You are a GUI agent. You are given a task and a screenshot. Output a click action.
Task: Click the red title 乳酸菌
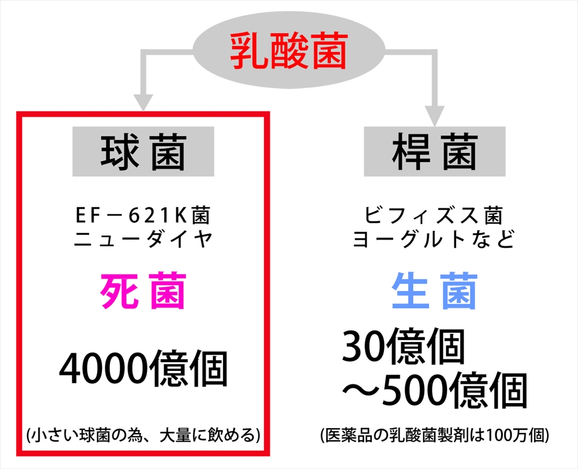point(289,51)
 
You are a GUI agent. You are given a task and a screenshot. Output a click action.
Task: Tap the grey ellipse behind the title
point(288,50)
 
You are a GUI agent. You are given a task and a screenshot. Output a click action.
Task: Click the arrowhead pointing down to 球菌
point(143,102)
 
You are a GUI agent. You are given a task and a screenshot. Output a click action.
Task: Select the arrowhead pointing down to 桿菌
point(435,117)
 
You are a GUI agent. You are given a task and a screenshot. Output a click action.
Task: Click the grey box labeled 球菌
point(143,151)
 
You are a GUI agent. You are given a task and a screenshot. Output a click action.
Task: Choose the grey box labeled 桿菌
point(435,151)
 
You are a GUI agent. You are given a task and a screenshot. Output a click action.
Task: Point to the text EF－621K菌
point(143,215)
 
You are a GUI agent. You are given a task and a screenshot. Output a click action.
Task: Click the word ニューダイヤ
point(143,239)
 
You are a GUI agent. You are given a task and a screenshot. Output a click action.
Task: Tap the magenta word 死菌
point(143,291)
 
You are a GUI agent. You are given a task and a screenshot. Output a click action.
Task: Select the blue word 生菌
point(435,291)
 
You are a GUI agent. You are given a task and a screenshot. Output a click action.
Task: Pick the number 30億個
point(403,347)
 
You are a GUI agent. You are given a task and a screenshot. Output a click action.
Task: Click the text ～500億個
point(435,390)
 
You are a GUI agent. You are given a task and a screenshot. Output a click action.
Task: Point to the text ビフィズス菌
point(434,215)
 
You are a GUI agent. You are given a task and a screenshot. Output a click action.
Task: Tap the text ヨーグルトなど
point(434,239)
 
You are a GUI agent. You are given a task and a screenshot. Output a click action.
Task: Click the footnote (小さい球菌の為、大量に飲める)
point(143,435)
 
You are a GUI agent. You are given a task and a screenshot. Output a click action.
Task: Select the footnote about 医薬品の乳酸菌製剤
point(435,435)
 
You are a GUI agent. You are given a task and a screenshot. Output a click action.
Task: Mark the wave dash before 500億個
point(361,391)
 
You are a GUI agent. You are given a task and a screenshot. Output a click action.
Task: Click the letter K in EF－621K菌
point(181,216)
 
